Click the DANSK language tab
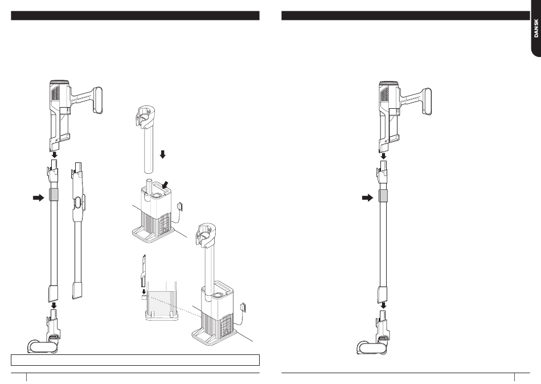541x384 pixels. click(x=535, y=27)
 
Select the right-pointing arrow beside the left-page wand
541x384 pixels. click(x=39, y=198)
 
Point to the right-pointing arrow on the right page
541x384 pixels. click(x=368, y=198)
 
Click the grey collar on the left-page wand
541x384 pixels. click(x=54, y=195)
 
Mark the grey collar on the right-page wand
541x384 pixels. click(x=383, y=196)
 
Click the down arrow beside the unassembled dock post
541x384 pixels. click(x=163, y=154)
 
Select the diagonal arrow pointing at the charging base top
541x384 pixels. click(x=166, y=185)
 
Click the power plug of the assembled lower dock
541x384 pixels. click(x=243, y=307)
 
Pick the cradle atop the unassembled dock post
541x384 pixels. click(x=144, y=116)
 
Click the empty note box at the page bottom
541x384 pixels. click(x=136, y=360)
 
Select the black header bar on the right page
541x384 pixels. click(x=405, y=15)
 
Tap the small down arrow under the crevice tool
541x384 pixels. click(x=144, y=292)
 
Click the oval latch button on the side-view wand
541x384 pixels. click(x=77, y=202)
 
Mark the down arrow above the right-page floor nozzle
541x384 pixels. click(x=383, y=305)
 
